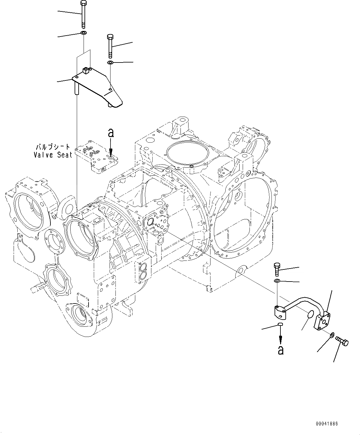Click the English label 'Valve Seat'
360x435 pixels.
tap(53, 155)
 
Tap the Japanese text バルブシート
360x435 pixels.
tap(53, 147)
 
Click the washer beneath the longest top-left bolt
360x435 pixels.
tap(84, 33)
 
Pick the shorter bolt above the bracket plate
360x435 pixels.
tap(110, 46)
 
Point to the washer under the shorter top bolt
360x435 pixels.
tap(110, 63)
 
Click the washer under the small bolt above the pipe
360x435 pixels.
tap(277, 281)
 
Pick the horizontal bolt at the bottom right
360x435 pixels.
tap(342, 342)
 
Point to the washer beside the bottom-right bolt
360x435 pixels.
tap(332, 335)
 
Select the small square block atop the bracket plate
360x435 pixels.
tap(86, 71)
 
